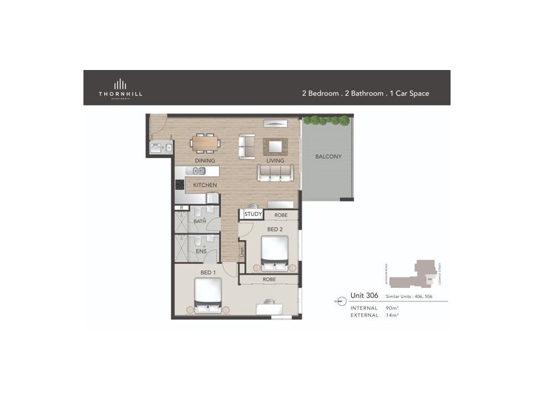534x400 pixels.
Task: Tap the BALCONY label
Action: pos(328,157)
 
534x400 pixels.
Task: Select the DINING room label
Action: pos(204,161)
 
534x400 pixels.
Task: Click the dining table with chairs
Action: pos(205,142)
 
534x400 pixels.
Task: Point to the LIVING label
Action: pos(274,161)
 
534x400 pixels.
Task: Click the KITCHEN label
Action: pos(205,184)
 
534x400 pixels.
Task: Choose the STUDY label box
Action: pos(252,214)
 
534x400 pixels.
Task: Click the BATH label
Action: pos(200,221)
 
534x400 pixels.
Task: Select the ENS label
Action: pos(200,251)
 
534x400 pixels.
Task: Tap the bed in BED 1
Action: pos(207,295)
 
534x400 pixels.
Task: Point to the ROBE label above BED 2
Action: pos(281,215)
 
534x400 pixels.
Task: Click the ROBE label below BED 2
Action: pos(269,279)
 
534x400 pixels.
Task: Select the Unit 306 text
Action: pos(364,295)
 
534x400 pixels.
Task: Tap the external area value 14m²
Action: pos(392,315)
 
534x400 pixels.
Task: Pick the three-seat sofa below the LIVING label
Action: pos(274,173)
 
